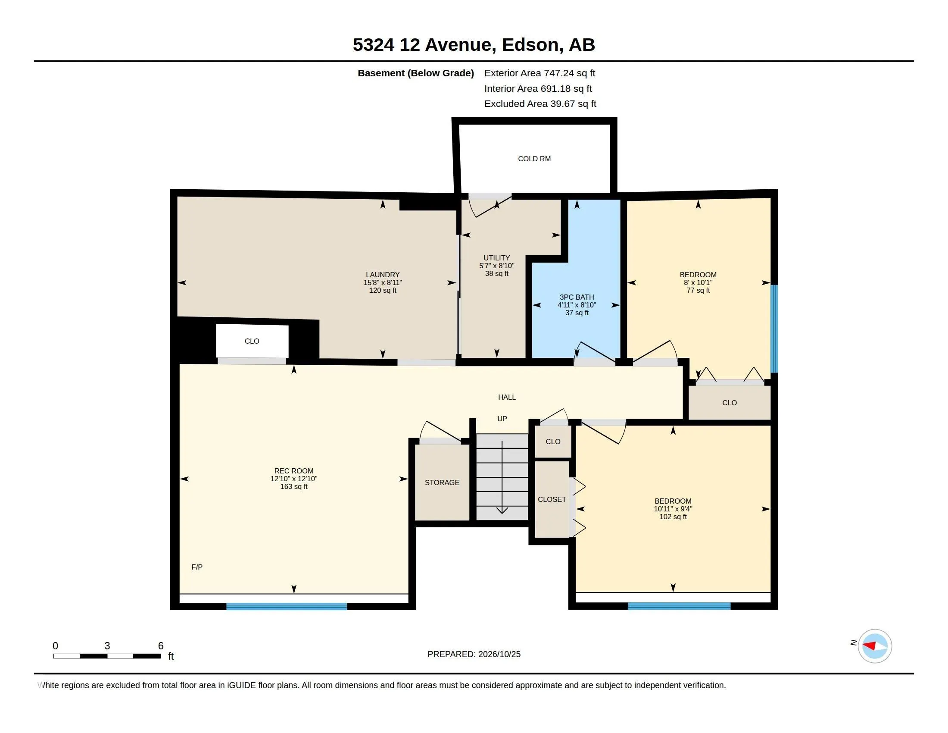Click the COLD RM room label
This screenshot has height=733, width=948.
click(x=534, y=159)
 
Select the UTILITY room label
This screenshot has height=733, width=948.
click(x=496, y=258)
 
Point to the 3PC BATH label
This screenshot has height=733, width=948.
click(x=577, y=298)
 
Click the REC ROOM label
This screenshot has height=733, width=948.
click(x=294, y=471)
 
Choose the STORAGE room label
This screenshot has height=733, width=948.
click(x=442, y=482)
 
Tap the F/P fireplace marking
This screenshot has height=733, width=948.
click(x=197, y=567)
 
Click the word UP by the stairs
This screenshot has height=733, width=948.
click(x=502, y=419)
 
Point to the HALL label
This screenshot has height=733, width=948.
click(x=507, y=397)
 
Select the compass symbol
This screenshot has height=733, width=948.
click(x=875, y=646)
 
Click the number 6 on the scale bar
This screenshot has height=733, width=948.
click(x=161, y=646)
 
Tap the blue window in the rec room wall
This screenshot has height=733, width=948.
click(x=287, y=607)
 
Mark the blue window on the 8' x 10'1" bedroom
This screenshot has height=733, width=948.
click(x=774, y=329)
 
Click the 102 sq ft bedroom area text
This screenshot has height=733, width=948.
click(x=673, y=517)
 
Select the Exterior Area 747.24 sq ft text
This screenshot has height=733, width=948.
click(x=539, y=73)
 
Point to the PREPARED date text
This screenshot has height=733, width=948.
click(x=474, y=655)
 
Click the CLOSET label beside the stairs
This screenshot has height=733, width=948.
click(x=552, y=499)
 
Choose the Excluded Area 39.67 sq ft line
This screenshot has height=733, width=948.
click(x=540, y=104)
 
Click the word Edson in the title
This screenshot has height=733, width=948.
click(x=530, y=45)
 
